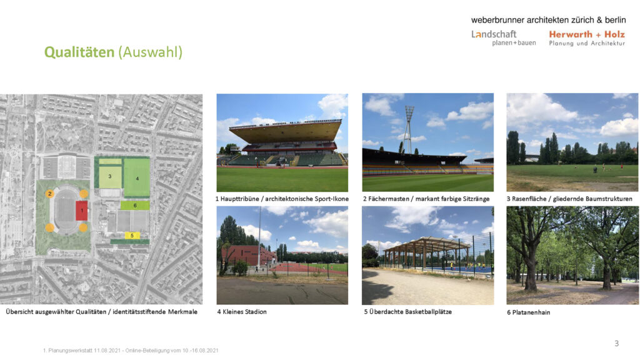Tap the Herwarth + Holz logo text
coord(586,34)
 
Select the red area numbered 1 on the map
coord(81,211)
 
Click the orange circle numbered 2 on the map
coord(49,194)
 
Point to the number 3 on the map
coord(110,177)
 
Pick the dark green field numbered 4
coord(137,178)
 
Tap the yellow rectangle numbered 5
coord(132,236)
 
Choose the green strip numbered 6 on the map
coord(135,205)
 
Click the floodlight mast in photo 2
coord(409,125)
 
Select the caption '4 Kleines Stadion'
coord(242,312)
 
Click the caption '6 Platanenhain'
coord(529,312)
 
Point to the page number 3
coord(616,343)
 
